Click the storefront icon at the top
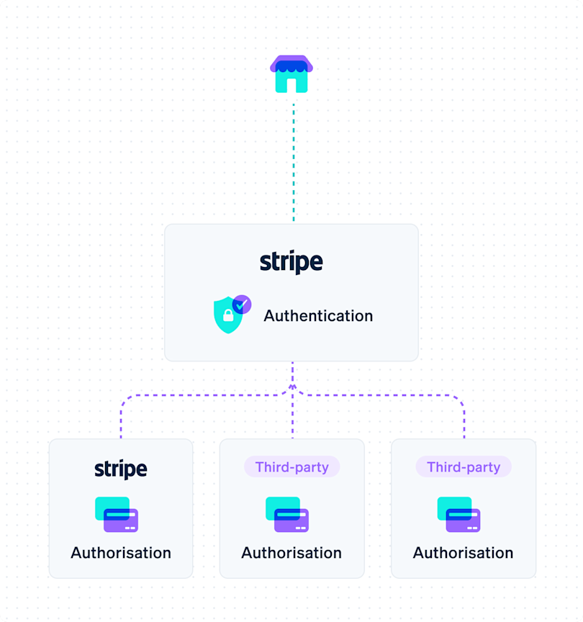tap(291, 74)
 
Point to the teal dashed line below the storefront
tap(293, 162)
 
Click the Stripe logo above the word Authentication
tap(291, 262)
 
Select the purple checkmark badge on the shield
tap(242, 305)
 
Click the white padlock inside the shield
tap(228, 316)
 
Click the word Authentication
tap(318, 315)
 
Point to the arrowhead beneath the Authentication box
tap(292, 388)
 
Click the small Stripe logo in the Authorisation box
tap(121, 469)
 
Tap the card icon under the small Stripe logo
tap(117, 514)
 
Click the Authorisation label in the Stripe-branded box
tap(121, 553)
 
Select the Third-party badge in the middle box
tap(291, 467)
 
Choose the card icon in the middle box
tap(287, 514)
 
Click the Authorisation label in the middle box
tap(291, 553)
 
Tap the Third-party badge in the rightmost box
tap(463, 467)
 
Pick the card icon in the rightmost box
tap(458, 514)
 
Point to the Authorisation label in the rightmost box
tap(463, 553)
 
